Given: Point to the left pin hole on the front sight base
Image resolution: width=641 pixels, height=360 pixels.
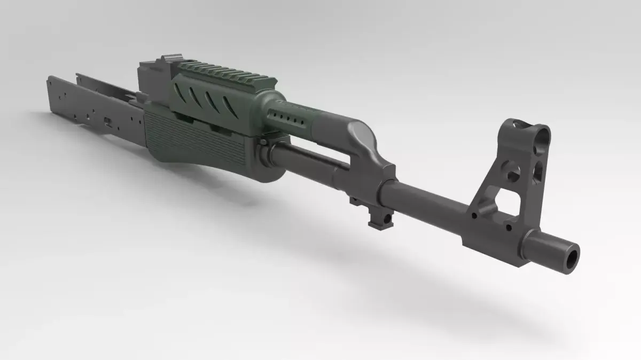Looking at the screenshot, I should tap(474, 216).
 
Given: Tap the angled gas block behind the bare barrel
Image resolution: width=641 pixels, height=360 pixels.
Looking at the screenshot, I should tap(369, 155).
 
